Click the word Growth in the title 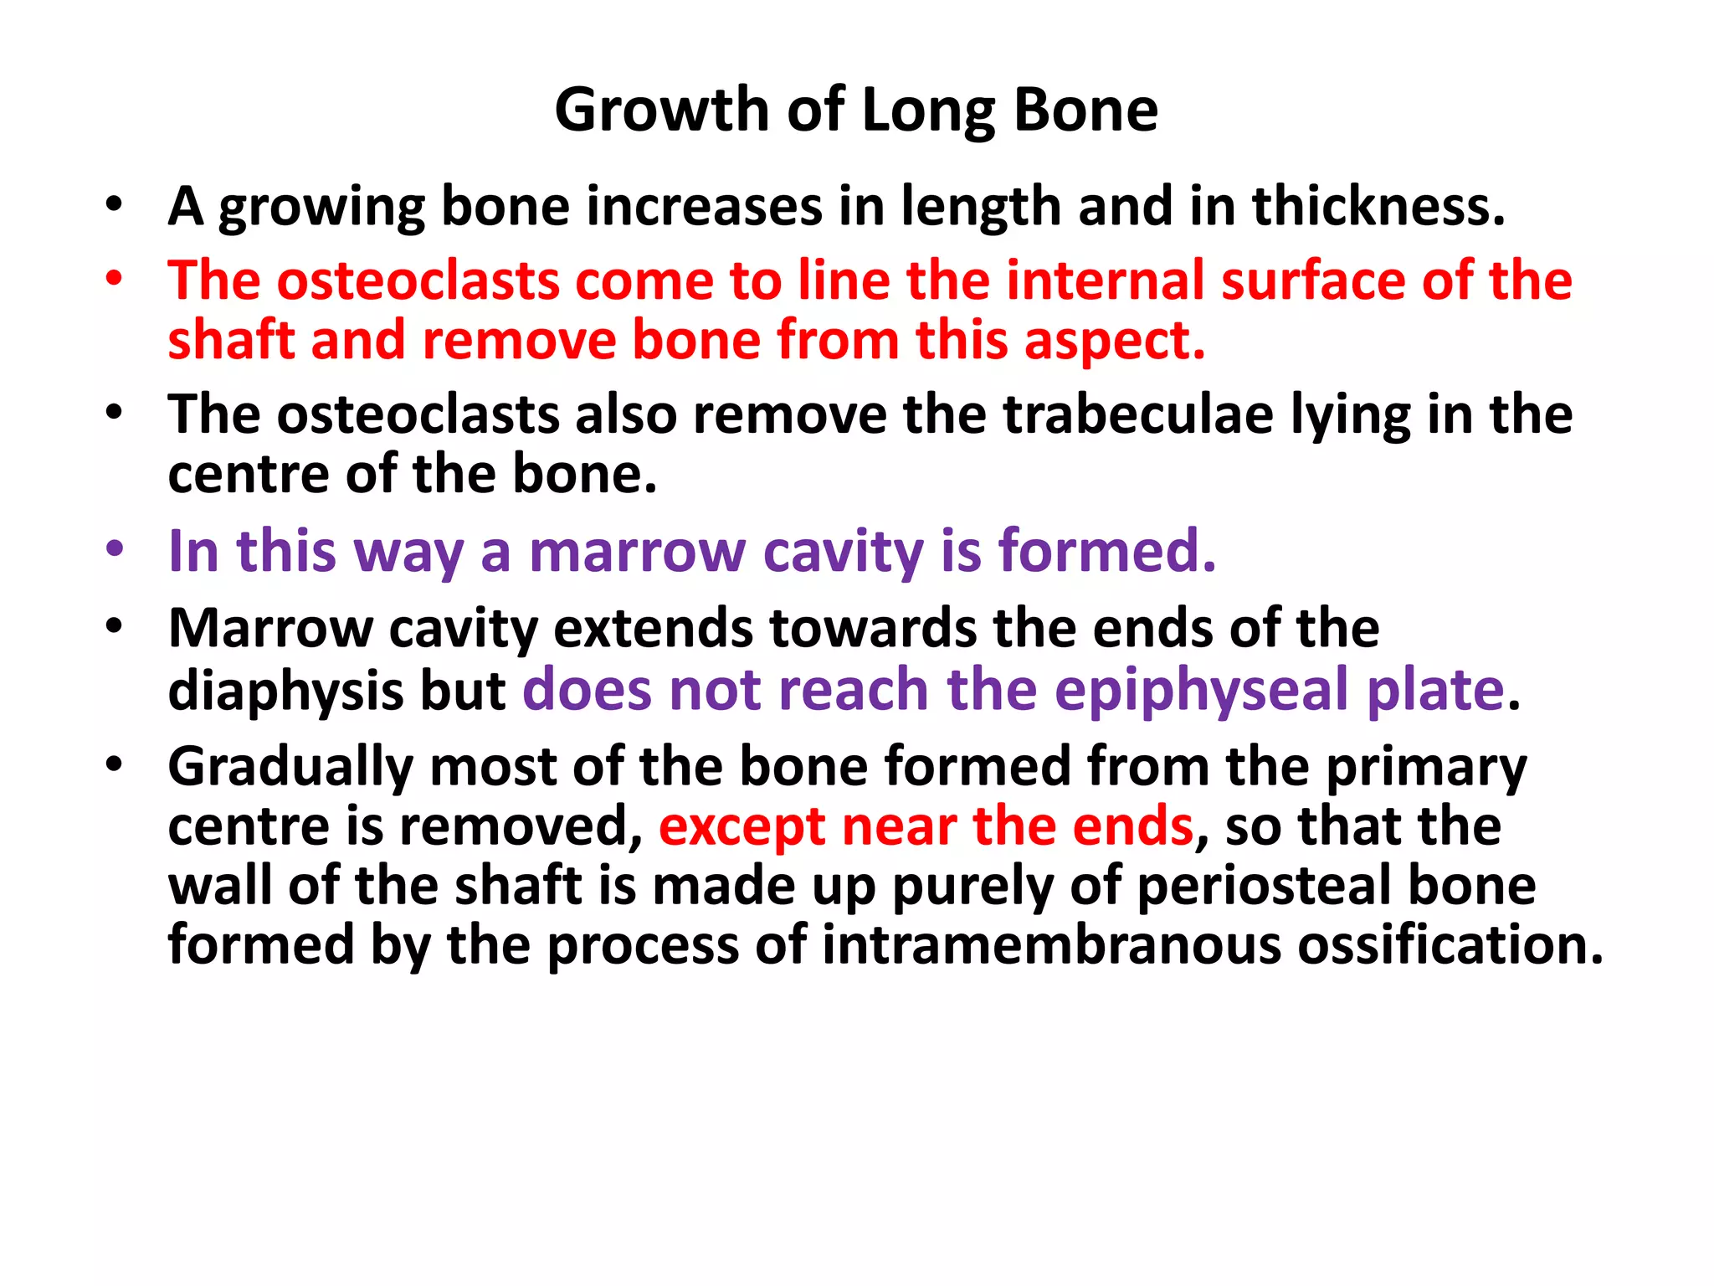tap(661, 111)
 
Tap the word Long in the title tap(928, 112)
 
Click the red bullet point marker tap(115, 279)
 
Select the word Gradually tap(290, 768)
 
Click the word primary tap(1426, 768)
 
